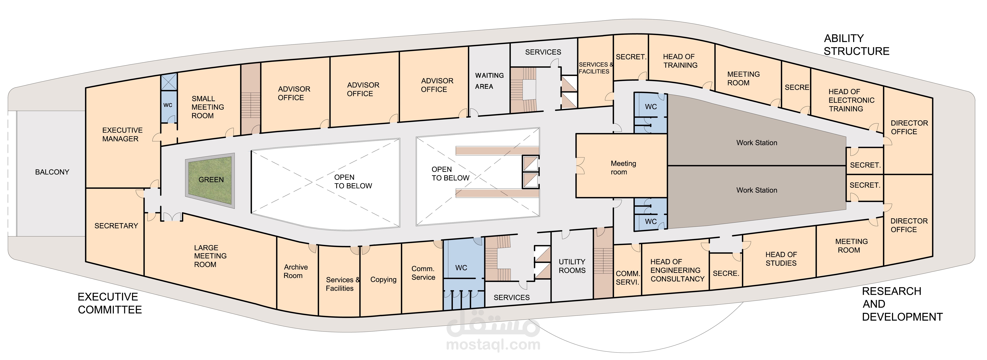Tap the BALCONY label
point(52,172)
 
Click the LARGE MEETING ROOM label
point(210,256)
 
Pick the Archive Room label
point(295,271)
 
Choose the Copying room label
point(383,280)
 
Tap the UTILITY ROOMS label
point(572,266)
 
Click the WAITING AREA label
point(489,81)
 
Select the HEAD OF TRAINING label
point(680,61)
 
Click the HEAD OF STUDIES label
point(781,259)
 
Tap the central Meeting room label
point(623,168)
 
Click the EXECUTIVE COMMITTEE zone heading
point(110,303)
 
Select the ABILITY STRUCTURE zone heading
point(856,44)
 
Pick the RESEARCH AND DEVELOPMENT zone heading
point(902,304)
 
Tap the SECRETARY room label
point(116,226)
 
